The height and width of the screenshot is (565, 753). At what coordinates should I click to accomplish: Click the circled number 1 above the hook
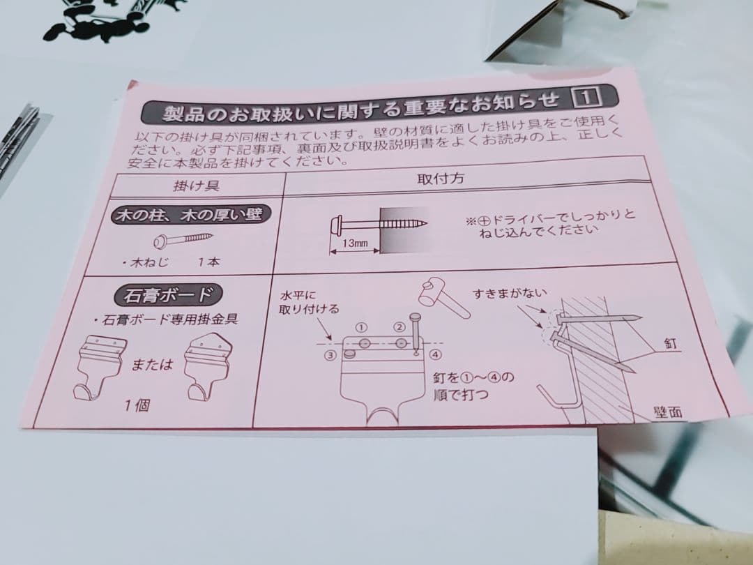[361, 326]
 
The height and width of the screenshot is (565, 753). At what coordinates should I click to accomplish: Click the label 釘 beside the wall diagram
[670, 345]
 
